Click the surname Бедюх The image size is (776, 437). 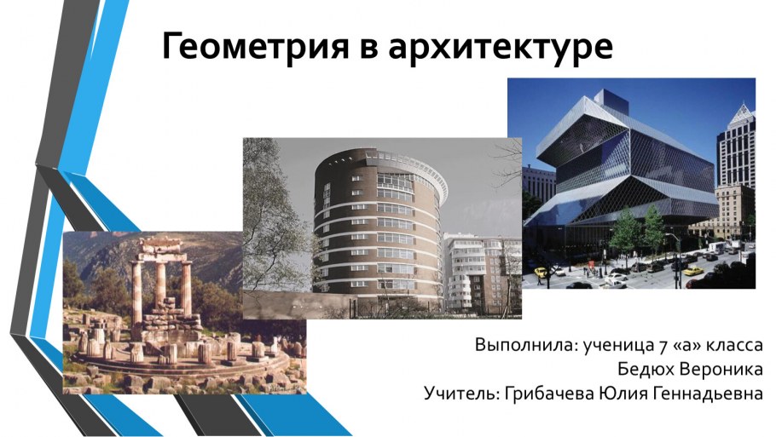point(643,371)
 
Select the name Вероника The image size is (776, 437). point(719,371)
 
